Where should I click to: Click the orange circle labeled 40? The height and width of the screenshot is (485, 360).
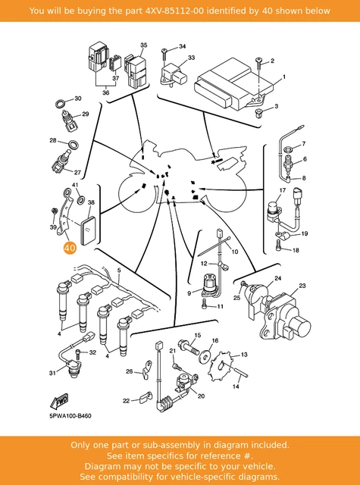pyautogui.click(x=70, y=248)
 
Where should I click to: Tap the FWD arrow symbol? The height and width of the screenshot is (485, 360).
pyautogui.click(x=59, y=401)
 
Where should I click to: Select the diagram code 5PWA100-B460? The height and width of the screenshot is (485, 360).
pyautogui.click(x=70, y=416)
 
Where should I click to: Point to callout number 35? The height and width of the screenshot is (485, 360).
pyautogui.click(x=143, y=45)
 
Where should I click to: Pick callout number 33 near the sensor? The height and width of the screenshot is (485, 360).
pyautogui.click(x=192, y=58)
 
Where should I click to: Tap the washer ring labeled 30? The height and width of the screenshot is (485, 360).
pyautogui.click(x=61, y=103)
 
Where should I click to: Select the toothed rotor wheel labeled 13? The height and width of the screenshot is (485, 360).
pyautogui.click(x=224, y=367)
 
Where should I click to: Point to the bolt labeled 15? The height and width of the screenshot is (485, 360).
pyautogui.click(x=189, y=347)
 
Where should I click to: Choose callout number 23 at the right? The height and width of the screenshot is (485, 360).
pyautogui.click(x=302, y=286)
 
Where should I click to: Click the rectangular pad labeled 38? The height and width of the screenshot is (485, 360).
pyautogui.click(x=89, y=230)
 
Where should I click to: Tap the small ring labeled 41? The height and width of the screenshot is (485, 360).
pyautogui.click(x=80, y=200)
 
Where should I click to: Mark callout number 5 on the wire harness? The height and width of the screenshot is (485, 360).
pyautogui.click(x=119, y=271)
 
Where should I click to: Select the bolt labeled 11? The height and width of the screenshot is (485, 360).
pyautogui.click(x=205, y=303)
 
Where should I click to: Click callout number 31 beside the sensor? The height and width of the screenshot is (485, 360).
pyautogui.click(x=52, y=374)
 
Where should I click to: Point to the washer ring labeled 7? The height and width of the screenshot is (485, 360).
pyautogui.click(x=289, y=149)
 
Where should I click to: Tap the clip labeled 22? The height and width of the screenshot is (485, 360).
pyautogui.click(x=145, y=398)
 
